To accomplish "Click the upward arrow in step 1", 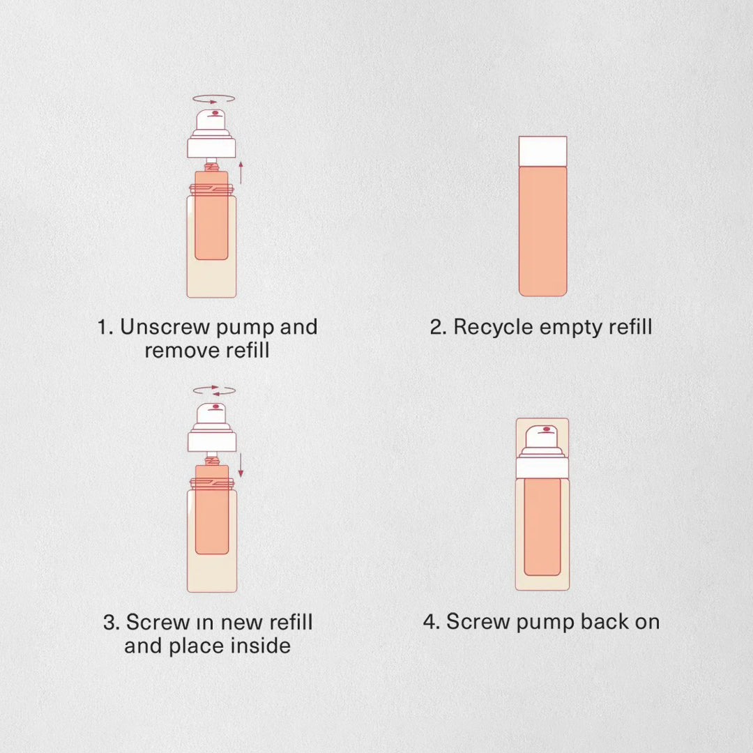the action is pyautogui.click(x=241, y=173).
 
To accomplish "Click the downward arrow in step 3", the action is pyautogui.click(x=241, y=466).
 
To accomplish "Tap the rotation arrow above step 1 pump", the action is pyautogui.click(x=214, y=99).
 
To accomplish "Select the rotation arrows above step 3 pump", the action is pyautogui.click(x=214, y=390).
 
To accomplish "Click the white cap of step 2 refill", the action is pyautogui.click(x=542, y=151).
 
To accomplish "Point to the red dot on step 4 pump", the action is pyautogui.click(x=547, y=429).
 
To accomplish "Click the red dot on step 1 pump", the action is pyautogui.click(x=215, y=114).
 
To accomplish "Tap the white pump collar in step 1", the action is pyautogui.click(x=211, y=147).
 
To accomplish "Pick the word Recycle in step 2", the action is pyautogui.click(x=494, y=328).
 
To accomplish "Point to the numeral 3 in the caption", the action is pyautogui.click(x=109, y=623).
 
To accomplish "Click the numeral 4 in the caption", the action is pyautogui.click(x=430, y=622).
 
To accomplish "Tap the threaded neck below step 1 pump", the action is pyautogui.click(x=211, y=167).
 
